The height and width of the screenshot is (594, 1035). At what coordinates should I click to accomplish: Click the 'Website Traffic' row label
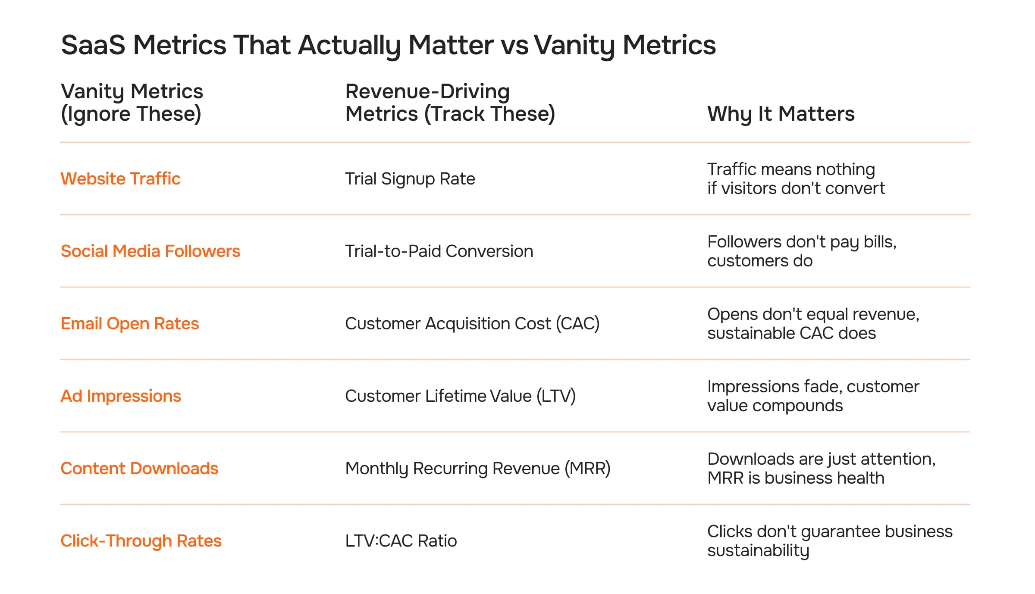pyautogui.click(x=120, y=179)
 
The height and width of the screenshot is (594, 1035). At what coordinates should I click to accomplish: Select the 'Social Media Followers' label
pyautogui.click(x=150, y=251)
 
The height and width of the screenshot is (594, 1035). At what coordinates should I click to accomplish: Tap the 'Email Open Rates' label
pyautogui.click(x=129, y=324)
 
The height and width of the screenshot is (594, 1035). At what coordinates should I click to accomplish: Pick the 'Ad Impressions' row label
pyautogui.click(x=121, y=396)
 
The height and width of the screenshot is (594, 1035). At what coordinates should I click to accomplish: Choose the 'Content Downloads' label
pyautogui.click(x=139, y=469)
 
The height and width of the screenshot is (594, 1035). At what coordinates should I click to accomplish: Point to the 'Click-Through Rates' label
pyautogui.click(x=141, y=541)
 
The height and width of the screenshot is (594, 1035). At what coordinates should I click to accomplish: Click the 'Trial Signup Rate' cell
pyautogui.click(x=410, y=179)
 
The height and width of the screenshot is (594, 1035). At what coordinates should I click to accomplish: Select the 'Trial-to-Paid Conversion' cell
pyautogui.click(x=439, y=251)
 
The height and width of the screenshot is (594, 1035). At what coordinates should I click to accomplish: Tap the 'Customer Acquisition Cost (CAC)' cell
pyautogui.click(x=472, y=324)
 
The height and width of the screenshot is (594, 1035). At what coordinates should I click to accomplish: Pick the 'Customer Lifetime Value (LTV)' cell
pyautogui.click(x=460, y=396)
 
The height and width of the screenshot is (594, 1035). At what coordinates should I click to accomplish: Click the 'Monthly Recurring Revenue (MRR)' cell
pyautogui.click(x=478, y=469)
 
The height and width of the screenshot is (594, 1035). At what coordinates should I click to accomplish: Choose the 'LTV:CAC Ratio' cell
pyautogui.click(x=401, y=541)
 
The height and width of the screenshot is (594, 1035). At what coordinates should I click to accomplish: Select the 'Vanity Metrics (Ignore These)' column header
pyautogui.click(x=132, y=103)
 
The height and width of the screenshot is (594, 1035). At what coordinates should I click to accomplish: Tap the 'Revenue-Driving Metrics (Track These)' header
pyautogui.click(x=450, y=103)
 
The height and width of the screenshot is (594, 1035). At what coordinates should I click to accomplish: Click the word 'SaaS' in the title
pyautogui.click(x=93, y=45)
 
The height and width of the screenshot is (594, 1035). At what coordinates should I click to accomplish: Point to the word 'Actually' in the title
pyautogui.click(x=349, y=45)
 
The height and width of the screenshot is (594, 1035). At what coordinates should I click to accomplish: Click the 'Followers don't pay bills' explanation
pyautogui.click(x=802, y=251)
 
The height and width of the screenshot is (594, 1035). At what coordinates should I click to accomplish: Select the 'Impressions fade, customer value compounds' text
pyautogui.click(x=813, y=396)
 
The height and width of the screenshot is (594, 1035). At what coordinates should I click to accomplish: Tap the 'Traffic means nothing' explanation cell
pyautogui.click(x=796, y=179)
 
